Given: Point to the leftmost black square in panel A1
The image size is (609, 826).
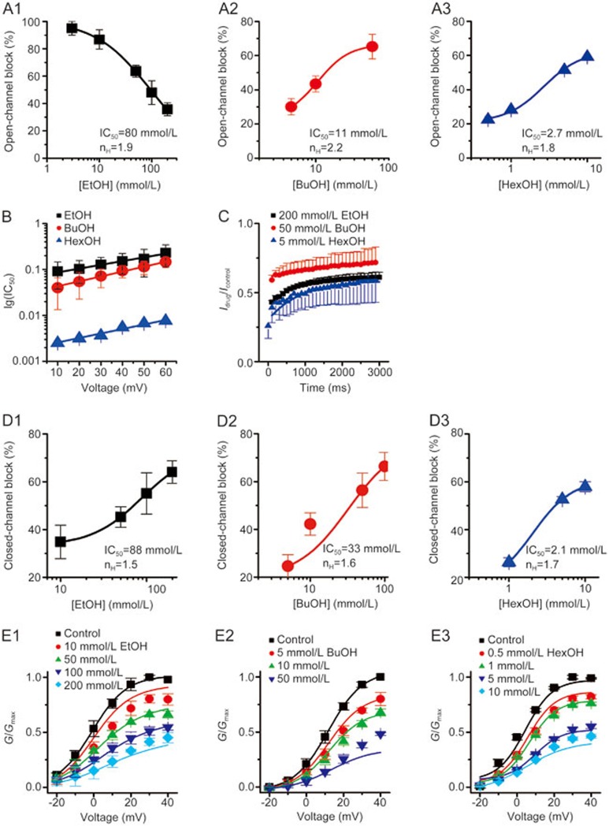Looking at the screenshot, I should pyautogui.click(x=72, y=28).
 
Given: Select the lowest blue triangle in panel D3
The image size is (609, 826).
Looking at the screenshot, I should pyautogui.click(x=509, y=561).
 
